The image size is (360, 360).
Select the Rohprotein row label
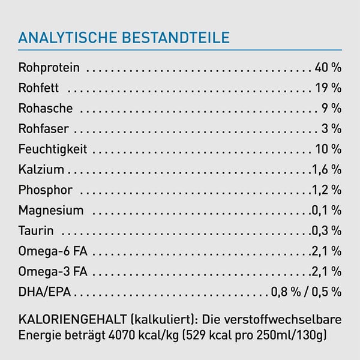[x=49, y=68]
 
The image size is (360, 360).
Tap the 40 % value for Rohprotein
[x=328, y=68]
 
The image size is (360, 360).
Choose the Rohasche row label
[x=46, y=109]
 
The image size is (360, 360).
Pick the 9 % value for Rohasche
[x=332, y=109]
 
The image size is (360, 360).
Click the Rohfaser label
[x=43, y=129]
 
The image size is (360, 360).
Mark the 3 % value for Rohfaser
[x=332, y=129]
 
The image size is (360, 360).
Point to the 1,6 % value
[x=326, y=170]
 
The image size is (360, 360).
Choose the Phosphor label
[x=46, y=190]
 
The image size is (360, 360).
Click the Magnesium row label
[x=51, y=211]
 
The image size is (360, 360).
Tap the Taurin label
[x=36, y=231]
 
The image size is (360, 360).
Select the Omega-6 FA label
[x=53, y=251]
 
